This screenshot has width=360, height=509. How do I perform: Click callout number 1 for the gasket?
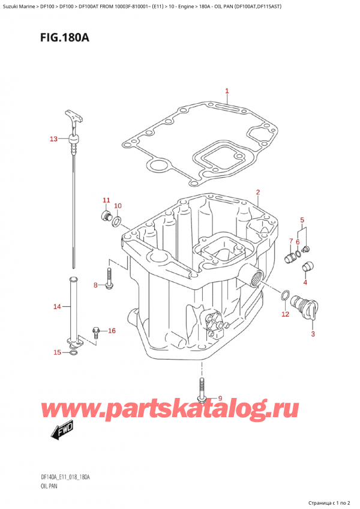(x=227, y=91)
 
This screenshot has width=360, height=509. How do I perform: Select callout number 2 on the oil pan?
(x=257, y=192)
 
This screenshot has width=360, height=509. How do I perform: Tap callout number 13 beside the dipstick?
(x=53, y=139)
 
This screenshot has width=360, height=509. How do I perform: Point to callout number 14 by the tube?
(x=57, y=307)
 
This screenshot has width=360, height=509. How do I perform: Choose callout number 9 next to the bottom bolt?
(x=220, y=399)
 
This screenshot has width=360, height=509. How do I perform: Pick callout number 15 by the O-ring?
(x=57, y=352)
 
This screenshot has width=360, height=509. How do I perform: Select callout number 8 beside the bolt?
(x=95, y=285)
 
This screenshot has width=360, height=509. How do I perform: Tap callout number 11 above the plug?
(x=106, y=200)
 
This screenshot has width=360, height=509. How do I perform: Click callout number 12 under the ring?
(x=285, y=313)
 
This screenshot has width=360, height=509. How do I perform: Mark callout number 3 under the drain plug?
(x=312, y=334)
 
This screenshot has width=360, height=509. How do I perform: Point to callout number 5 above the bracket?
(x=302, y=220)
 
